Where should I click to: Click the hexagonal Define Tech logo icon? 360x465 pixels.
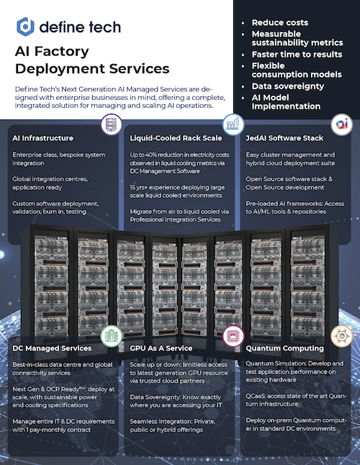pyautogui.click(x=25, y=27)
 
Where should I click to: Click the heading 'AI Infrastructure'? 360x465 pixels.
pyautogui.click(x=42, y=138)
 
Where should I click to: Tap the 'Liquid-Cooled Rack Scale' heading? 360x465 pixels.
pyautogui.click(x=176, y=138)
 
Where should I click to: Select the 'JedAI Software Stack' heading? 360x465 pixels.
pyautogui.click(x=284, y=138)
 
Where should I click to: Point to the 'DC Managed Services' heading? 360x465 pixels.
pyautogui.click(x=52, y=348)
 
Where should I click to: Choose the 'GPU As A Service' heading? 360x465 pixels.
pyautogui.click(x=161, y=348)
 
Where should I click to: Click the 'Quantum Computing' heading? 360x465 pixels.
pyautogui.click(x=284, y=348)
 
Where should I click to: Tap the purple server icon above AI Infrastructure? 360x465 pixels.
pyautogui.click(x=112, y=125)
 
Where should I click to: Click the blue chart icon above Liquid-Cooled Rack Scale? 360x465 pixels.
pyautogui.click(x=233, y=125)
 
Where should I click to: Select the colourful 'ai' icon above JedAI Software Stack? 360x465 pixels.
pyautogui.click(x=341, y=124)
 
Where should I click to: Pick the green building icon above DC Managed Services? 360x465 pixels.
pyautogui.click(x=112, y=336)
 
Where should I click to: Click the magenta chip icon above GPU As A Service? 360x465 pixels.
pyautogui.click(x=233, y=336)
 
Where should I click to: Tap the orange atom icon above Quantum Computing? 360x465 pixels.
pyautogui.click(x=341, y=336)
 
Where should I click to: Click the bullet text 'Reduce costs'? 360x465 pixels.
pyautogui.click(x=280, y=22)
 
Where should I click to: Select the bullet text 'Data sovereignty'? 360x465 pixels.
pyautogui.click(x=288, y=86)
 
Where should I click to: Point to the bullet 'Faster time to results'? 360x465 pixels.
pyautogui.click(x=297, y=55)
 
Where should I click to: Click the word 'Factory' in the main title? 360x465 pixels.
pyautogui.click(x=62, y=51)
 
